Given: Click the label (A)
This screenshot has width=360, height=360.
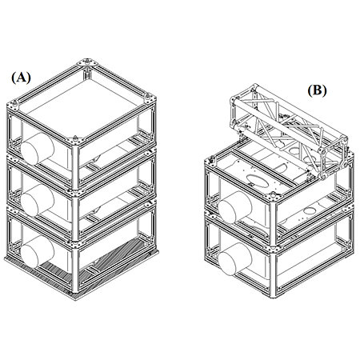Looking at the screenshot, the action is pyautogui.click(x=21, y=78).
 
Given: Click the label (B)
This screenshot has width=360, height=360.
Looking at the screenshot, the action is pyautogui.click(x=317, y=90).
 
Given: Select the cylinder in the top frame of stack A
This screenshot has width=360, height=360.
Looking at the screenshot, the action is pyautogui.click(x=38, y=148).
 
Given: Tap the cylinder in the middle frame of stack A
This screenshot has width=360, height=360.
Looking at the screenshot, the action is pyautogui.click(x=38, y=200).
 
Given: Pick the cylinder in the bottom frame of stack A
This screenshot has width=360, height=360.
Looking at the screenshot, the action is pyautogui.click(x=38, y=251).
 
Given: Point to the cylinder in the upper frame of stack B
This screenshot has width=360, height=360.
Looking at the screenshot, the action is pyautogui.click(x=235, y=207).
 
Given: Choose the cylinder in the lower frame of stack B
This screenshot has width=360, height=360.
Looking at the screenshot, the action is pyautogui.click(x=235, y=259).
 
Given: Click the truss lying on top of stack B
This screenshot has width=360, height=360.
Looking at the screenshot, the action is pyautogui.click(x=289, y=130).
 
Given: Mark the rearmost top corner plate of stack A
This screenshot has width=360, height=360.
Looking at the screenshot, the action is pyautogui.click(x=87, y=62).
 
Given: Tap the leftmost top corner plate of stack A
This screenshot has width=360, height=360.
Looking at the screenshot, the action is pyautogui.click(x=14, y=105).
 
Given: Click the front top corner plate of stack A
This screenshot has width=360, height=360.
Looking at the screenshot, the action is pyautogui.click(x=75, y=140).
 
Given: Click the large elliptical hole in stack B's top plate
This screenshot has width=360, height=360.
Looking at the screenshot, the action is pyautogui.click(x=258, y=181).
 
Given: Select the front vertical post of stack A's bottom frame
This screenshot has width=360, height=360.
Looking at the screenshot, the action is pyautogui.click(x=75, y=270).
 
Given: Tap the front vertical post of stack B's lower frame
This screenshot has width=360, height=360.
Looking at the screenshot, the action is pyautogui.click(x=273, y=274).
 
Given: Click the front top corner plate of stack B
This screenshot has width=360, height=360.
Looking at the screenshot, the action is pyautogui.click(x=273, y=197).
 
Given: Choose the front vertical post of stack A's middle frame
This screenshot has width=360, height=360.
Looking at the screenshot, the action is pyautogui.click(x=75, y=218).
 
